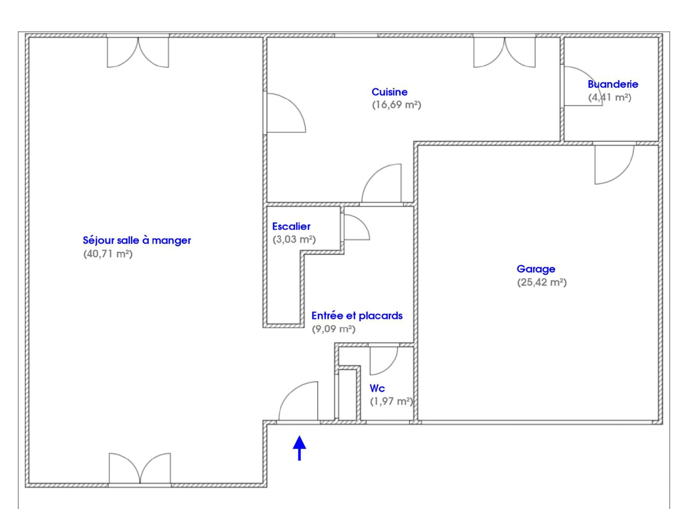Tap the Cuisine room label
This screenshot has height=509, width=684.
click(389, 92)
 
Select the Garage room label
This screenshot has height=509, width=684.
click(536, 269)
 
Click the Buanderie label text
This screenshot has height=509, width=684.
click(613, 84)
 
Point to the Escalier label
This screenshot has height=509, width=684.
click(291, 227)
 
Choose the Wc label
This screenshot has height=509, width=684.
click(377, 388)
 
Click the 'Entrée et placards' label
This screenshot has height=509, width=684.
click(357, 316)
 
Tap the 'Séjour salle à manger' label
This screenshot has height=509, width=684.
click(137, 240)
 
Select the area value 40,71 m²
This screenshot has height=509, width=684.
click(108, 254)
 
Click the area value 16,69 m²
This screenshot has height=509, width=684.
click(396, 105)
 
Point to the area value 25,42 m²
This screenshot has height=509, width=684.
click(542, 282)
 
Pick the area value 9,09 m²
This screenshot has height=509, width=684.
click(334, 329)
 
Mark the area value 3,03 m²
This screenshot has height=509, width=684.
click(294, 239)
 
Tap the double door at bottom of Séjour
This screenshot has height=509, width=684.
click(140, 468)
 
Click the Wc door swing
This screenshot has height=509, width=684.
click(383, 361)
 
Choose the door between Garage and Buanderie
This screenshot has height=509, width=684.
click(613, 164)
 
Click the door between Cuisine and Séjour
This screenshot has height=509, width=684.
click(285, 113)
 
